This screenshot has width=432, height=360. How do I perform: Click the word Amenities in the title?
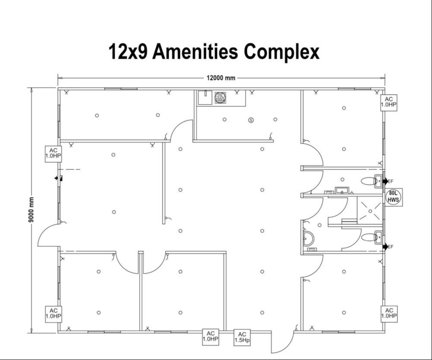pyautogui.click(x=195, y=51)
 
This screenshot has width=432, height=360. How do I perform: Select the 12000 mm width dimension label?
pyautogui.click(x=221, y=78)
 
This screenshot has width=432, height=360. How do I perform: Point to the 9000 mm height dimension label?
pyautogui.click(x=31, y=209)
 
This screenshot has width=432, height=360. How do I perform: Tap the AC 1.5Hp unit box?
pyautogui.click(x=242, y=337)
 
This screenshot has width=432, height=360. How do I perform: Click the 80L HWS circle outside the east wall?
pyautogui.click(x=394, y=197)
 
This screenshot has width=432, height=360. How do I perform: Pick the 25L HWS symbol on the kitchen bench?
pyautogui.click(x=221, y=98)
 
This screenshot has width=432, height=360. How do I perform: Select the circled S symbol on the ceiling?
pyautogui.click(x=251, y=120)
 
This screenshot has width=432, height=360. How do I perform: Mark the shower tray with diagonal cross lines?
pyautogui.click(x=370, y=210)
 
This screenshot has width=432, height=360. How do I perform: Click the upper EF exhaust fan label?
pyautogui.click(x=390, y=181)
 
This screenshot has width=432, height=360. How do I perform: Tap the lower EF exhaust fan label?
pyautogui.click(x=390, y=247)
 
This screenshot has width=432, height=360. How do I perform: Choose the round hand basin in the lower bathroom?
pyautogui.click(x=308, y=238)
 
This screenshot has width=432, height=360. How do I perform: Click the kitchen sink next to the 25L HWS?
pyautogui.click(x=205, y=98)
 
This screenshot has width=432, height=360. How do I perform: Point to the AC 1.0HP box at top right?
pyautogui.click(x=389, y=102)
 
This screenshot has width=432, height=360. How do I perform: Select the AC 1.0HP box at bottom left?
pyautogui.click(x=54, y=314)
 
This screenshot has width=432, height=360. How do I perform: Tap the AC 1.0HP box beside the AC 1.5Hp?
pyautogui.click(x=211, y=337)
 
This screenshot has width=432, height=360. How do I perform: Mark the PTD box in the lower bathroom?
pyautogui.click(x=311, y=249)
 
